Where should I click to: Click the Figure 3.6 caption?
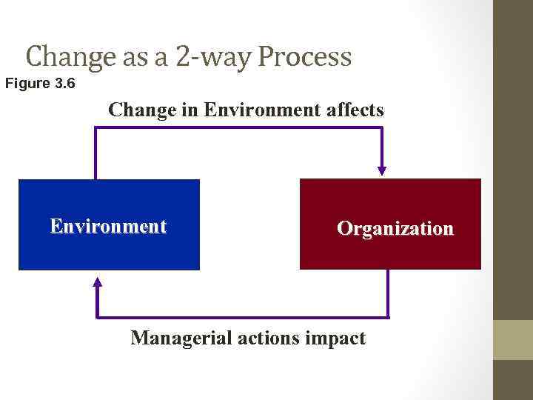pyautogui.click(x=40, y=84)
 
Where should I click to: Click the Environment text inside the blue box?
pyautogui.click(x=108, y=226)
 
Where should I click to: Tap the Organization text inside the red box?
pyautogui.click(x=395, y=229)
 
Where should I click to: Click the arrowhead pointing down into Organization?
pyautogui.click(x=382, y=169)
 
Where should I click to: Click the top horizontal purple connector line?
pyautogui.click(x=237, y=127)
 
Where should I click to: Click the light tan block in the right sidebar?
pyautogui.click(x=513, y=340)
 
